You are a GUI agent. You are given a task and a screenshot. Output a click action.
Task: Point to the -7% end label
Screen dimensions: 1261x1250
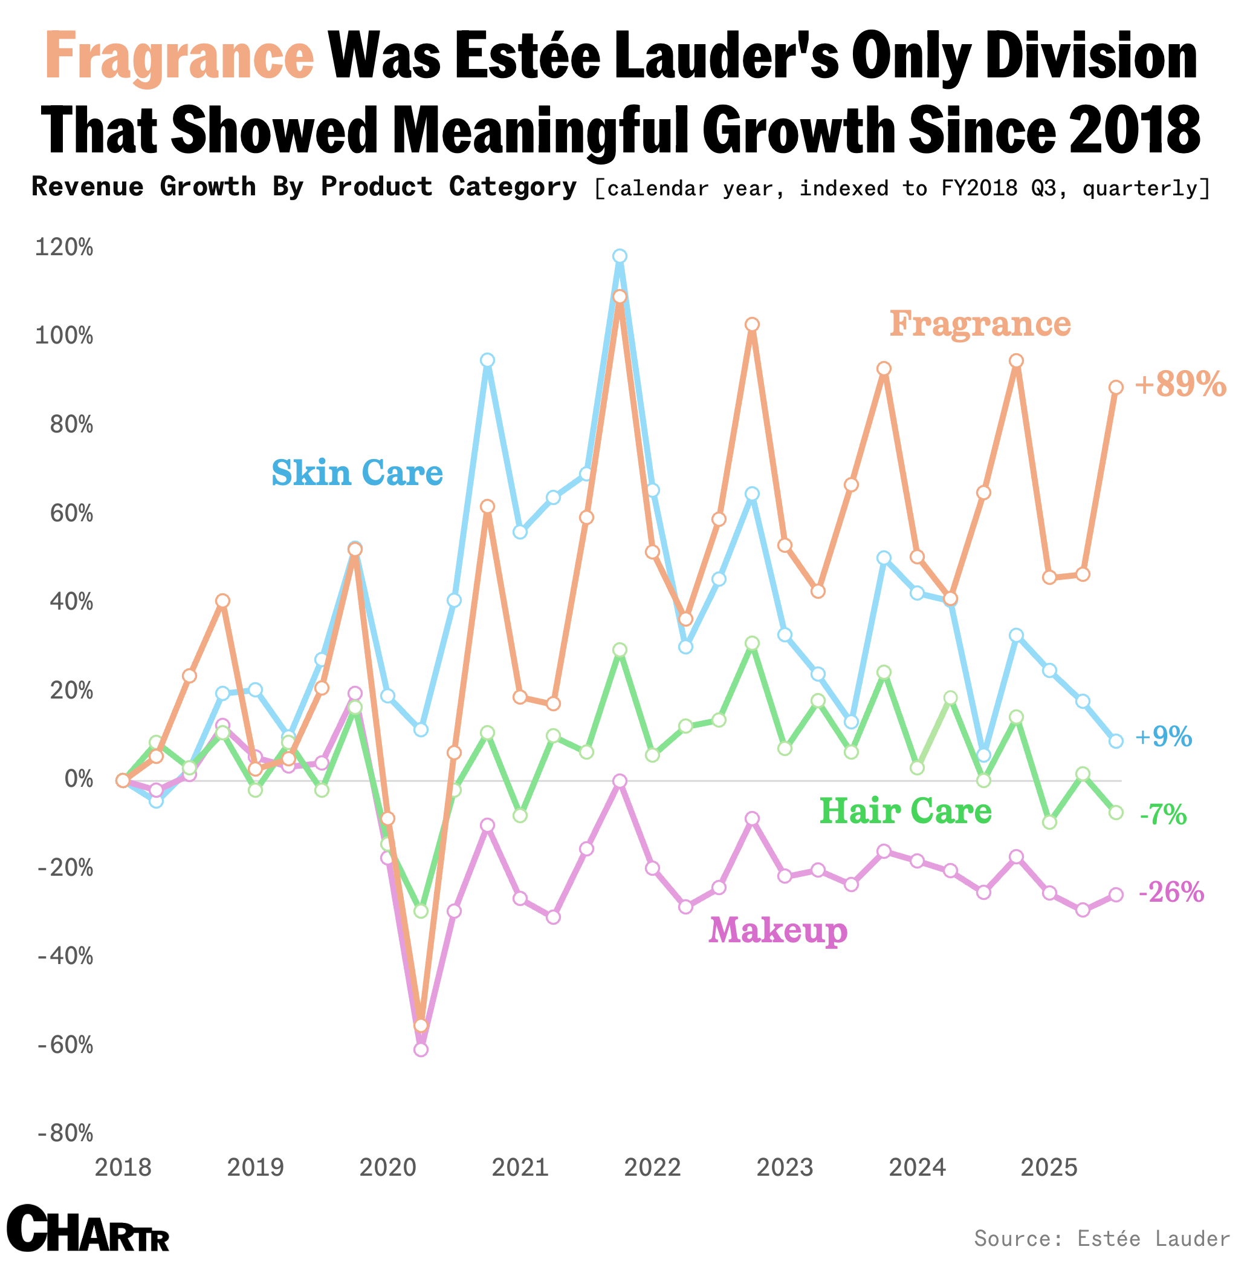click(1162, 815)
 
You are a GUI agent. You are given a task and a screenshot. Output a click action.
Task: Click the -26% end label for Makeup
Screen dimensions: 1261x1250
click(1171, 892)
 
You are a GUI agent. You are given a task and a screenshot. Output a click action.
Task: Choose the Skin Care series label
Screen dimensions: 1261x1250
click(357, 473)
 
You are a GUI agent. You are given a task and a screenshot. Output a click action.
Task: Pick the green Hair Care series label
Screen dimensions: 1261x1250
click(905, 811)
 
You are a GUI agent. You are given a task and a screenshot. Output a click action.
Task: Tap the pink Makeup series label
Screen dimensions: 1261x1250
click(778, 931)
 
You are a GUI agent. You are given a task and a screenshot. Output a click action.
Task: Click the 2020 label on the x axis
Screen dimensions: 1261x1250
click(387, 1167)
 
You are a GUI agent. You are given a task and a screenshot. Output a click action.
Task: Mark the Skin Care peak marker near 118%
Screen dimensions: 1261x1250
click(620, 256)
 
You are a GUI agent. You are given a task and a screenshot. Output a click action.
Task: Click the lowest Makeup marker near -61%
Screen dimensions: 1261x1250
click(421, 1049)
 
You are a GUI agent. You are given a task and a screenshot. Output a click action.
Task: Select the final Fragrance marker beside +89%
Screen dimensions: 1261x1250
click(1116, 388)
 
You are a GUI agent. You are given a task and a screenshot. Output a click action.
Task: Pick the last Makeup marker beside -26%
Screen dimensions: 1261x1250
click(1116, 895)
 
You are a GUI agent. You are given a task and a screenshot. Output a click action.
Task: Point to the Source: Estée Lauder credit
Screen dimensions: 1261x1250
click(1102, 1238)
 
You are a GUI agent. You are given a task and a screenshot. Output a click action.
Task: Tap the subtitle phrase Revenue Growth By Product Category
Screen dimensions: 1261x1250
click(304, 187)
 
